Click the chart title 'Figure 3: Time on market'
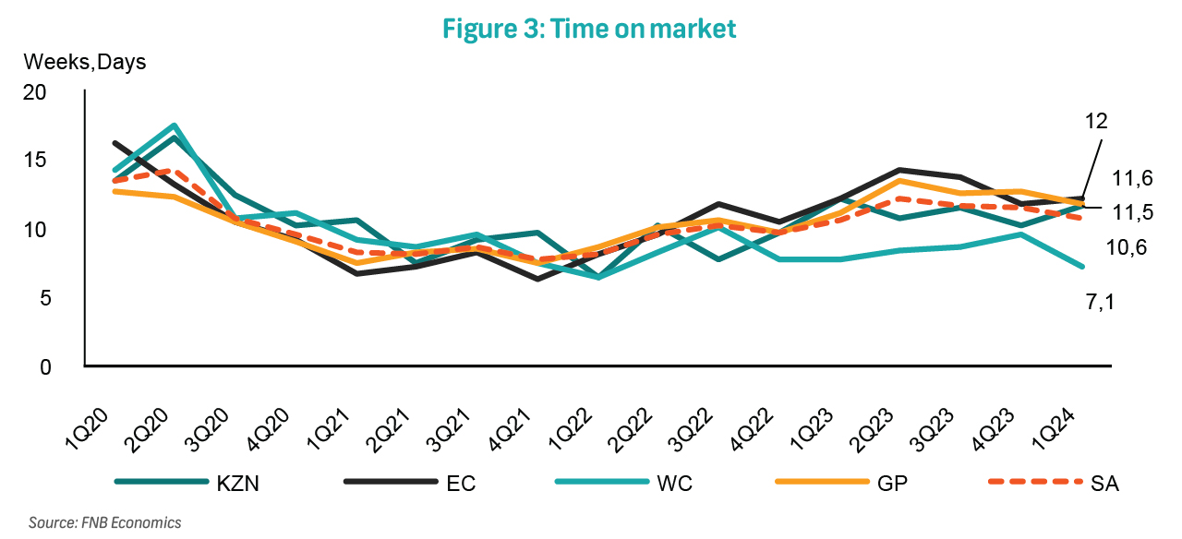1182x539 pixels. [589, 29]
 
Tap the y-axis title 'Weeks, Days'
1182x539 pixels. [85, 63]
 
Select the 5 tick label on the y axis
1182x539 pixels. [42, 298]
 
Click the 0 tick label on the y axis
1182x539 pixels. [42, 367]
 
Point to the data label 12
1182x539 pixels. [1096, 121]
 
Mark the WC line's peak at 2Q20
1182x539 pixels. [174, 126]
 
